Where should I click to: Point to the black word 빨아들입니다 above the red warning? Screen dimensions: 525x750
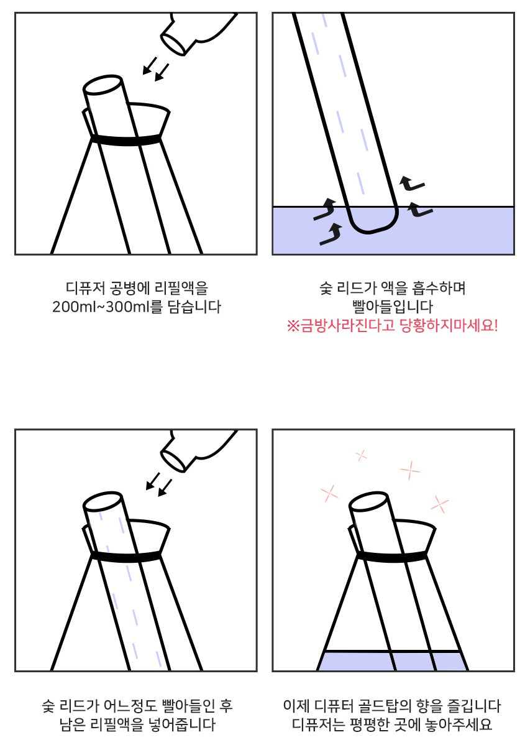click(393, 307)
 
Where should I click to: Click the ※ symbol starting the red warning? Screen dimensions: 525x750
click(293, 326)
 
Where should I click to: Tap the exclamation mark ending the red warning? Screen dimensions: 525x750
click(495, 325)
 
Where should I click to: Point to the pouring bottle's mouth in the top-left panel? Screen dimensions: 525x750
click(173, 44)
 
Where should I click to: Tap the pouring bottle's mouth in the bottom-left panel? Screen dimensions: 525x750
click(173, 461)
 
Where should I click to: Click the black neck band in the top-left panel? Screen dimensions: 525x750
click(126, 141)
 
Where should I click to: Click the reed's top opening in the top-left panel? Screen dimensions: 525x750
click(103, 86)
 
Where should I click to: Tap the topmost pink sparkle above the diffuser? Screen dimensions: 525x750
click(362, 455)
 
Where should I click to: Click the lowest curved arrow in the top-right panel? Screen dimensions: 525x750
click(331, 234)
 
